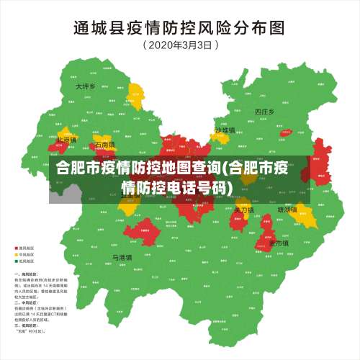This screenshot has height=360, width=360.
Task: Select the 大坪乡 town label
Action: [x=86, y=86]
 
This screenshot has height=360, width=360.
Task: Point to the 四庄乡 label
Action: [x=264, y=112]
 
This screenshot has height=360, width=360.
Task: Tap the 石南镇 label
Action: [x=104, y=145]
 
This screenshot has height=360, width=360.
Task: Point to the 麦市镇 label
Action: [x=279, y=243]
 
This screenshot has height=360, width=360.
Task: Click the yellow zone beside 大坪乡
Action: [x=135, y=94]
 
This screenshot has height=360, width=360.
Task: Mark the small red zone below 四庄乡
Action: [x=287, y=135]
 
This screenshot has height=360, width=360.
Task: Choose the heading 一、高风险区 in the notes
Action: [x=27, y=274]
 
